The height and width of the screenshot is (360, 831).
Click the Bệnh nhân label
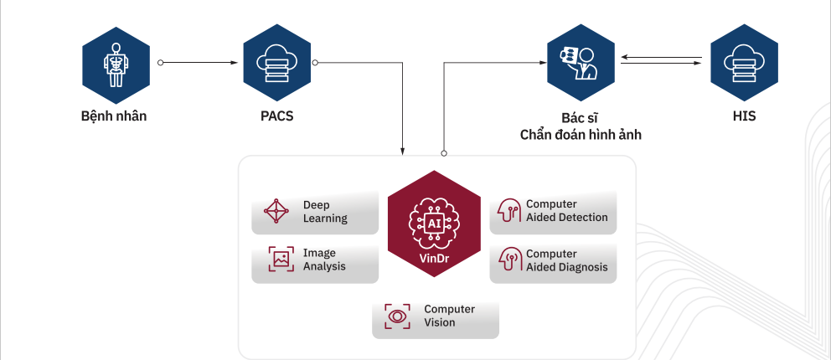114,116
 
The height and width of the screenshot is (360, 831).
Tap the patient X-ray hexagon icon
116,65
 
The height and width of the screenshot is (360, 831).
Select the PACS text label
276,116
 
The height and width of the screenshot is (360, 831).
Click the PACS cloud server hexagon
276,63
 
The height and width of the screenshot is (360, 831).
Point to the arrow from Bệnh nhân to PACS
199,63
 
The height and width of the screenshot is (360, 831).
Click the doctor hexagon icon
581,63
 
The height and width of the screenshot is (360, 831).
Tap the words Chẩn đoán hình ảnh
581,135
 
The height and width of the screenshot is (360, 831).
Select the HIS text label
744,116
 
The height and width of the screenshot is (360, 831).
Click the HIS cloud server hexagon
744,63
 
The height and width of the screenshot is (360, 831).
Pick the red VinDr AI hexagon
434,224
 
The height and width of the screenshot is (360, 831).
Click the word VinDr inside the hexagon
434,260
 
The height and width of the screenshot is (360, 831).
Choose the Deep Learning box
315,212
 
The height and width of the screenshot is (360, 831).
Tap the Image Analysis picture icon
281,260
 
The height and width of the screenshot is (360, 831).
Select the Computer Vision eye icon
397,316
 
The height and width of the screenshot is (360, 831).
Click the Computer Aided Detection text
566,211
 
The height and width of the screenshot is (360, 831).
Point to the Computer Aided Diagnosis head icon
508,260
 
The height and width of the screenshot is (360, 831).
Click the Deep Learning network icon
276,211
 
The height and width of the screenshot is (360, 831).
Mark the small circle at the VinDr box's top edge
444,153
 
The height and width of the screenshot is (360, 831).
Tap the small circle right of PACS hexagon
315,63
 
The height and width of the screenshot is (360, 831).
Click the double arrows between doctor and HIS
662,59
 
